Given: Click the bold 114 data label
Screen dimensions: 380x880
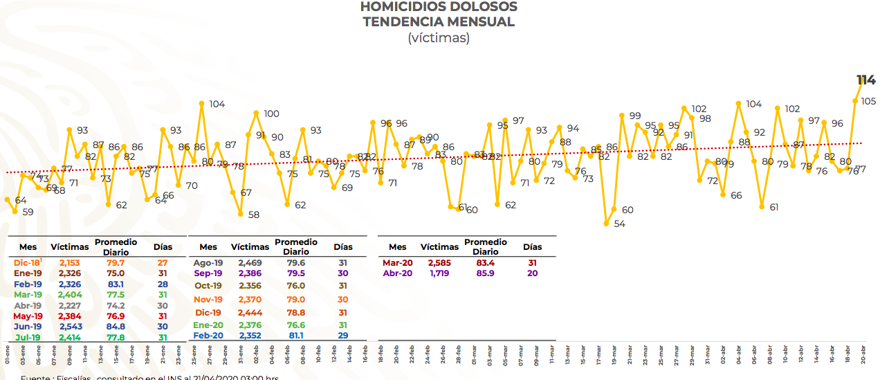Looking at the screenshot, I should (x=865, y=80).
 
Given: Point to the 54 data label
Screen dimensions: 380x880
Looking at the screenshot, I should (x=619, y=224).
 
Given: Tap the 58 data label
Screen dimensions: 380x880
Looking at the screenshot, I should (x=253, y=215).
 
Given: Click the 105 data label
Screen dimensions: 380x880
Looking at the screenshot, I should (x=868, y=101).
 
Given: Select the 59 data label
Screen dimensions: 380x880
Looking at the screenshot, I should (x=28, y=212).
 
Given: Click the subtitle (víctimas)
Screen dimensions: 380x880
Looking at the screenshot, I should (x=439, y=37).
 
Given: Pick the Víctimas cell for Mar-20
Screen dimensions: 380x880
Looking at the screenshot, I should (x=439, y=263).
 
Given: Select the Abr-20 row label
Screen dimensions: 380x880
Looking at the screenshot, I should (x=397, y=273).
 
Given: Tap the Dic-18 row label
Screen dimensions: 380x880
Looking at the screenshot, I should (x=27, y=263).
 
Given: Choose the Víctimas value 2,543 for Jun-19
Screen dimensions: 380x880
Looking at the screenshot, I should (x=70, y=326).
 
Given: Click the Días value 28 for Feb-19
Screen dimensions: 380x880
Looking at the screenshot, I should (x=163, y=284).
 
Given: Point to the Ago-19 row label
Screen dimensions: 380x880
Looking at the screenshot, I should (x=208, y=263).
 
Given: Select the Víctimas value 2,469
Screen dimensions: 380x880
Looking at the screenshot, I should (x=250, y=263).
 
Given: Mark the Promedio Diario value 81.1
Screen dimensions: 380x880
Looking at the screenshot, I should (x=296, y=336).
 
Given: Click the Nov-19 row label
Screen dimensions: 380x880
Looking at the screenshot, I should (x=208, y=300).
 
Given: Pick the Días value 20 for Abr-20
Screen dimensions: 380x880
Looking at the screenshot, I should (x=532, y=273).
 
